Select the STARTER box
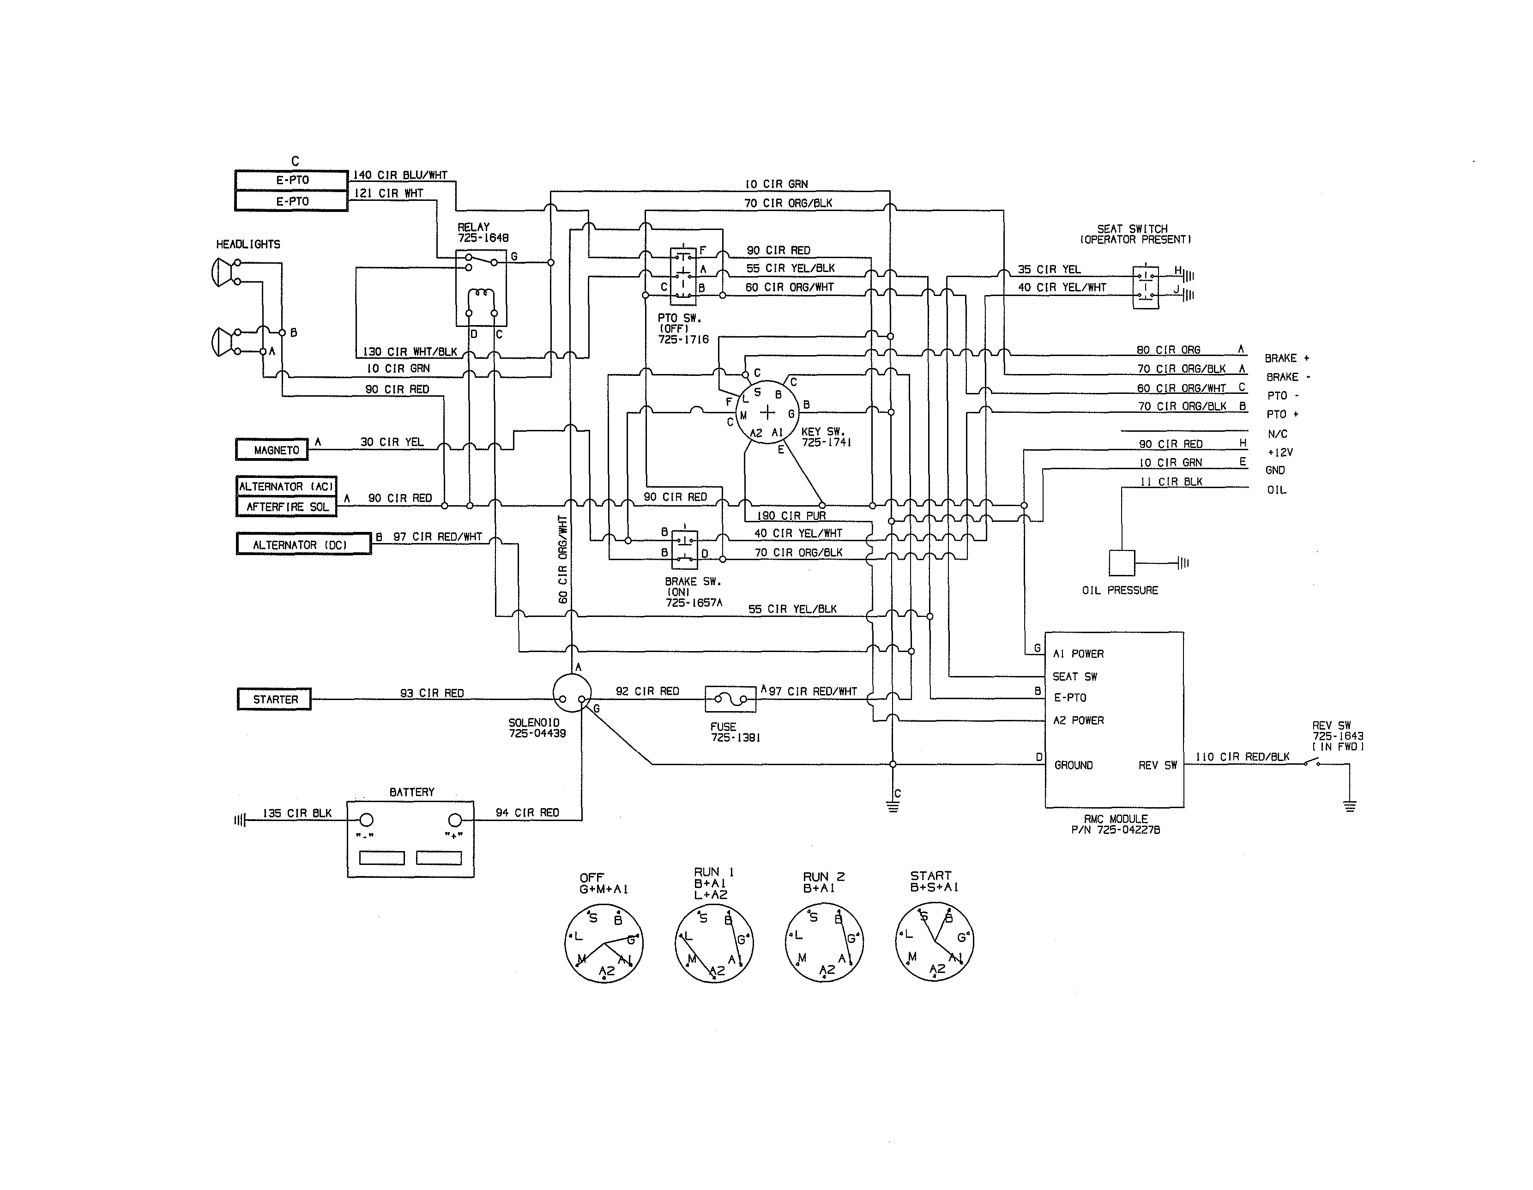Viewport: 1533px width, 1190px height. (274, 699)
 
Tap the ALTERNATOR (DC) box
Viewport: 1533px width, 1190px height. (303, 545)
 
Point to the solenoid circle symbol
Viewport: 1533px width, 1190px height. (571, 694)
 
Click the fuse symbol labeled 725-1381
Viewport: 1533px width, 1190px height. (730, 699)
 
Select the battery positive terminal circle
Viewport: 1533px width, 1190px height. (455, 820)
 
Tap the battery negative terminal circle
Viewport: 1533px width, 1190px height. (367, 820)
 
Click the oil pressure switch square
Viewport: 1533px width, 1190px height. (1122, 563)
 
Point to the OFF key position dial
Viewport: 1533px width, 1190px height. (604, 943)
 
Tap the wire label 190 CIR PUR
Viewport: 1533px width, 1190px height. (791, 516)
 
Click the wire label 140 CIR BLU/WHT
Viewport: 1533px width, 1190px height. (399, 175)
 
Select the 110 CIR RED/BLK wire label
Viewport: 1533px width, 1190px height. (1243, 757)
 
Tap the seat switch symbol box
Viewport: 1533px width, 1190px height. (1146, 286)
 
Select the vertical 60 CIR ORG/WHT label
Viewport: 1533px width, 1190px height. (563, 560)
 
